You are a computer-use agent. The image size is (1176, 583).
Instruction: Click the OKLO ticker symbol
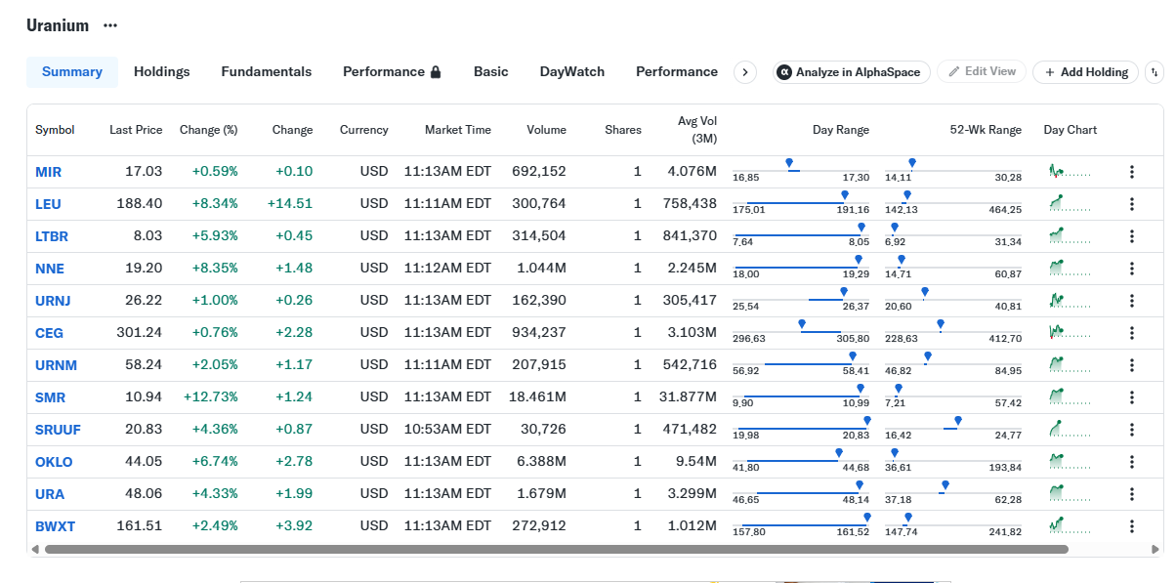pos(54,462)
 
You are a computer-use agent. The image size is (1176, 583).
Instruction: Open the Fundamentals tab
pos(267,72)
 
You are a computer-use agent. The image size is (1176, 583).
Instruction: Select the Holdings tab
pos(162,72)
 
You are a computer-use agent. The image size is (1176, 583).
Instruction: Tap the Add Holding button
pos(1085,72)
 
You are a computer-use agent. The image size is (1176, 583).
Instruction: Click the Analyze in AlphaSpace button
pos(851,72)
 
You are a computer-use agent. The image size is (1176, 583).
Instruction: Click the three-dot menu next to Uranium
pos(110,25)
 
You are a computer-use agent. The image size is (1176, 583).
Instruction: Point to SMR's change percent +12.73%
pos(211,396)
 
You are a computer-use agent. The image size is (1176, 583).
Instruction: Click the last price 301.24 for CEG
pos(139,332)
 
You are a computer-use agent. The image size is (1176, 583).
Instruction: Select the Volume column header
pos(547,130)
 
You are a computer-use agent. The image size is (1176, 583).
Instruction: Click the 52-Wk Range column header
pos(986,130)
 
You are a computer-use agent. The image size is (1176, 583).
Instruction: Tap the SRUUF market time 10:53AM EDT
pos(447,429)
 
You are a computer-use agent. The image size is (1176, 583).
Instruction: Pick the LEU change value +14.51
pos(290,203)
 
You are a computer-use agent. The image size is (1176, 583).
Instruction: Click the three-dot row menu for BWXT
pos(1132,526)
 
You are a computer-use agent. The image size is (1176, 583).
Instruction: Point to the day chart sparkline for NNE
pos(1070,269)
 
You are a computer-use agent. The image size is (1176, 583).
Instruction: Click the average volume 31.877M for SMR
pos(688,396)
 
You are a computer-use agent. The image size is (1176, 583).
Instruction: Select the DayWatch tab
pos(572,72)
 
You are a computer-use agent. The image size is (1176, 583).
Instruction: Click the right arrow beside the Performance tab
pos(745,72)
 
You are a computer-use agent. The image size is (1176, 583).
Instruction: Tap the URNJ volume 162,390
pos(539,300)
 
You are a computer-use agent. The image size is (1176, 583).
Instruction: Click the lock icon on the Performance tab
pos(436,72)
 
